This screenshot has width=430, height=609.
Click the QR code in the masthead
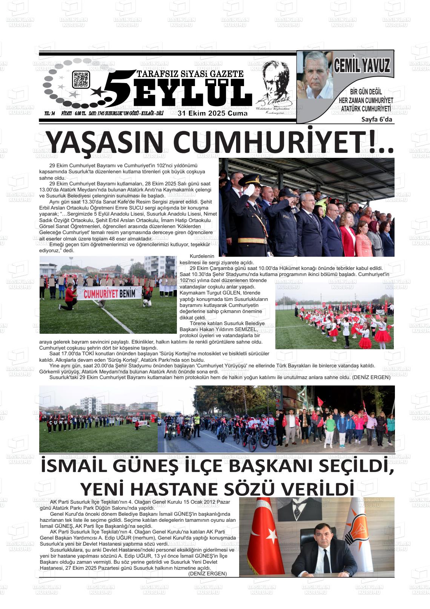click(x=80, y=79)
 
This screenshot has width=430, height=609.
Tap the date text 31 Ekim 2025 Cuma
click(x=213, y=113)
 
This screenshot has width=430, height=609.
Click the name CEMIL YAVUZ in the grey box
click(x=361, y=66)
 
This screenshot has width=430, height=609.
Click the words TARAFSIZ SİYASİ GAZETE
click(x=190, y=74)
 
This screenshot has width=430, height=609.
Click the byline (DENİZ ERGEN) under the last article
click(x=207, y=574)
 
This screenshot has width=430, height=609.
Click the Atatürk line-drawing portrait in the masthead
click(x=273, y=87)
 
